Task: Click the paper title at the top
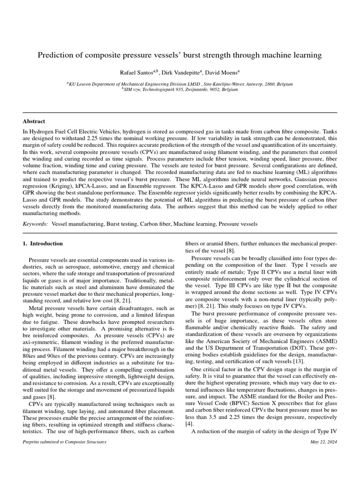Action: tap(180, 55)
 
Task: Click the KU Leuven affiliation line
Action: tap(180, 84)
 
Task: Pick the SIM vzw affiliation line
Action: tap(180, 89)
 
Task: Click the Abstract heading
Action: tap(34, 120)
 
